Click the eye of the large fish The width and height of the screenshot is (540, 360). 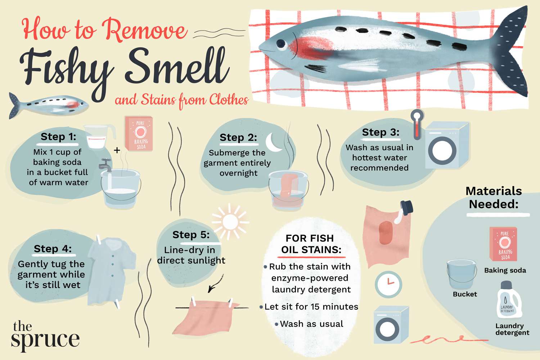281,44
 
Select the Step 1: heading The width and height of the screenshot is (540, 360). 58,137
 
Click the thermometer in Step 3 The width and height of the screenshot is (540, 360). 417,124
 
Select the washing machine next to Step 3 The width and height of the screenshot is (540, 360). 446,146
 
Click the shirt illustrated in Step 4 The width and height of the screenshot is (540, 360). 110,270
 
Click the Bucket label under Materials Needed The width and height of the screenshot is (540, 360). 464,294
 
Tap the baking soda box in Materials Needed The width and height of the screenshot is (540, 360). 503,244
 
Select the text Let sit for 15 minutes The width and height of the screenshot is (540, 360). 311,307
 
